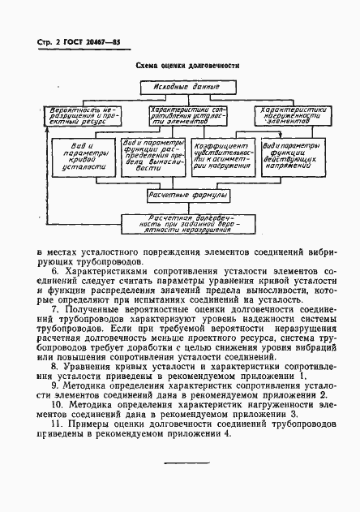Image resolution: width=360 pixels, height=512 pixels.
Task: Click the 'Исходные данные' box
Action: click(179, 88)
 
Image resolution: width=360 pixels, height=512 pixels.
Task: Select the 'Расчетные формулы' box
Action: click(189, 196)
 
